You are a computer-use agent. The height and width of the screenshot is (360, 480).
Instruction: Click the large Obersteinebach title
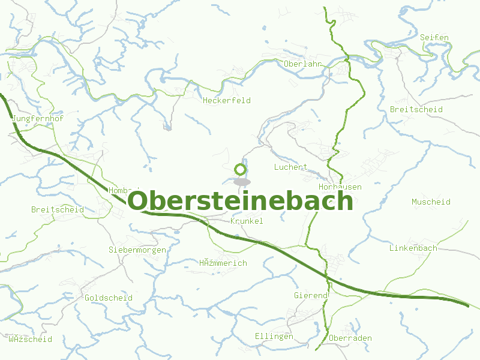tap(241, 201)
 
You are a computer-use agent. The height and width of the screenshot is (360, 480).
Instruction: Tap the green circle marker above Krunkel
tap(241, 169)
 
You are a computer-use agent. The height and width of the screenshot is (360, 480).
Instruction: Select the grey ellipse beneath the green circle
tap(241, 182)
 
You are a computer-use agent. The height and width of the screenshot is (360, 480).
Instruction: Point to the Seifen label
tap(434, 37)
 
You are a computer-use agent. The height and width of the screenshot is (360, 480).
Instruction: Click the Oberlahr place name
tap(303, 64)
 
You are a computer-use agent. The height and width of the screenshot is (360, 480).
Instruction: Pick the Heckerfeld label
tap(227, 100)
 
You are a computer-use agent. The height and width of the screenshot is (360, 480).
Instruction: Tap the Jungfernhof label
tap(37, 119)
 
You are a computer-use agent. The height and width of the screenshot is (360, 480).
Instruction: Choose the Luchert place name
tap(290, 167)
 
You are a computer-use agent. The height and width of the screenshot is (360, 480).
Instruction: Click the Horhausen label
tap(340, 187)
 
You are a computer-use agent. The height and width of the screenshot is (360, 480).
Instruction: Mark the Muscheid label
tap(431, 202)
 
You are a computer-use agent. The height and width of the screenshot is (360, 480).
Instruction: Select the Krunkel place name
tap(247, 221)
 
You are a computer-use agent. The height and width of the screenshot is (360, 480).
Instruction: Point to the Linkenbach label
tap(413, 248)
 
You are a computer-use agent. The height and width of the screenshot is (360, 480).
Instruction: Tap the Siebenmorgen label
tap(137, 249)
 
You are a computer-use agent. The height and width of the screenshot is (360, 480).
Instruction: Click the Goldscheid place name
tap(109, 298)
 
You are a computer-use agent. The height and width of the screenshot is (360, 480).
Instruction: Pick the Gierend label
tap(311, 295)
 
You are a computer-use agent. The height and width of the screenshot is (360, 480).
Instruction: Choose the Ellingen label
tap(274, 336)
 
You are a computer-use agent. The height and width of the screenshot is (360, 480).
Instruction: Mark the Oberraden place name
tap(350, 338)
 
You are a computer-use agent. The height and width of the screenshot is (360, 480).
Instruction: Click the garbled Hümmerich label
tap(223, 263)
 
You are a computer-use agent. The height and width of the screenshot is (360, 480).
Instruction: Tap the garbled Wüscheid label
tap(30, 339)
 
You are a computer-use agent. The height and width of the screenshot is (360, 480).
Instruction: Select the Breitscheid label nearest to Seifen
tap(416, 109)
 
